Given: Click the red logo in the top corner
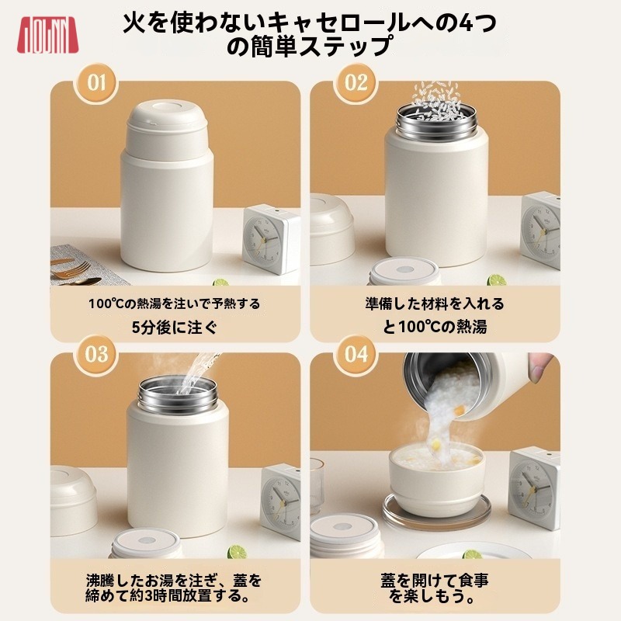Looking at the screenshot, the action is point(47,35).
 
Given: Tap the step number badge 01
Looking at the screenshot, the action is point(95,83).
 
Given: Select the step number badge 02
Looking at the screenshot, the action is point(356,83).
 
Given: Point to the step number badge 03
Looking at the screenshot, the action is point(95,355).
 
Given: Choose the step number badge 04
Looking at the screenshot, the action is point(356,355).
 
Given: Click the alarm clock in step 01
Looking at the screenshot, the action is point(271,239).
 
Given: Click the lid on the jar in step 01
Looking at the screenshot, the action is point(167,125).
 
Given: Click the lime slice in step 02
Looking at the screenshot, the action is point(497,280).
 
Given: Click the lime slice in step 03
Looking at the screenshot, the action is point(238,552).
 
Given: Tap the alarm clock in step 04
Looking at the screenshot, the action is point(534,488).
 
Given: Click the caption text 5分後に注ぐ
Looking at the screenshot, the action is point(175,328).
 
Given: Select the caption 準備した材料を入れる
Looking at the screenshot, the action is point(435,304).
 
